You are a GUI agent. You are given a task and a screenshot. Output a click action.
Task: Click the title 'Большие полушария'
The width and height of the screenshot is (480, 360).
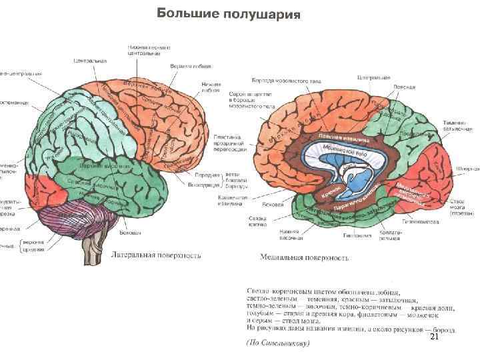click(224, 15)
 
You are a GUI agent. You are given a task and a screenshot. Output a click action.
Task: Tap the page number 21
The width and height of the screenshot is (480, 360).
click(433, 339)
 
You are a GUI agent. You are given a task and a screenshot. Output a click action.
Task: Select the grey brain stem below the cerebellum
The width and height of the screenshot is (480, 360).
click(89, 253)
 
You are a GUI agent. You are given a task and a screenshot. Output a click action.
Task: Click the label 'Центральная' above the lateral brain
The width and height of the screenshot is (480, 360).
click(90, 61)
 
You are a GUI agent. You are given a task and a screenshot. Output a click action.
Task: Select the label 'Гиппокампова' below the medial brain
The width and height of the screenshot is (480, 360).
click(419, 221)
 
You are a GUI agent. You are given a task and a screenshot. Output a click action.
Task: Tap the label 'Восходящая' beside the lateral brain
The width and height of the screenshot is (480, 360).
click(197, 184)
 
